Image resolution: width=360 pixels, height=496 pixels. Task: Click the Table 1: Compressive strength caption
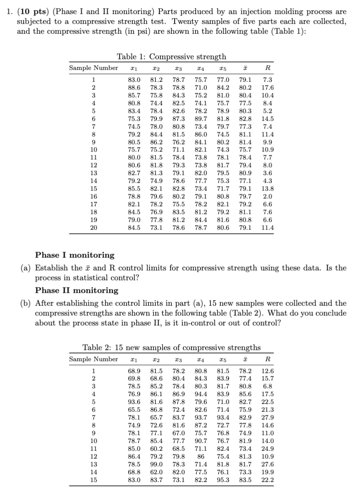click(171, 57)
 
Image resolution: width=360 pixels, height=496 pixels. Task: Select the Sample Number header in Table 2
click(93, 359)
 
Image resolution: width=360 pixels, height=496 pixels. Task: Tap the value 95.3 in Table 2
click(224, 480)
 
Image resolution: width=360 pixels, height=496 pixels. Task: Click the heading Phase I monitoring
click(75, 255)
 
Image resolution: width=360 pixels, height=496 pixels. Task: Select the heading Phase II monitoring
click(77, 290)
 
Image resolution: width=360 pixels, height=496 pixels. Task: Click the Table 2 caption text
click(171, 348)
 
